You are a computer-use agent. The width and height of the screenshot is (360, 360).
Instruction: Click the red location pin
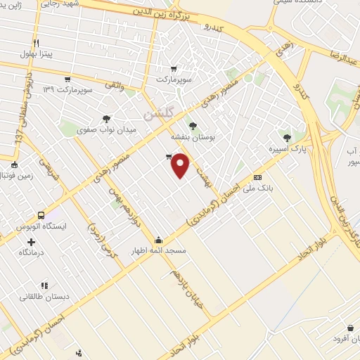pos(181,165)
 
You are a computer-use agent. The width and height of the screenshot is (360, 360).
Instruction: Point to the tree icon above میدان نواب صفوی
pos(105,119)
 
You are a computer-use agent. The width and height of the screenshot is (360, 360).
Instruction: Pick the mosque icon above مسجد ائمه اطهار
pos(158,239)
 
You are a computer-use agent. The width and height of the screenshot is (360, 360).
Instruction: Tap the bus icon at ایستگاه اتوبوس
pos(41,215)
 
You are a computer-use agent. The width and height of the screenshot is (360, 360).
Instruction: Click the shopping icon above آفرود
pos(350,328)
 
